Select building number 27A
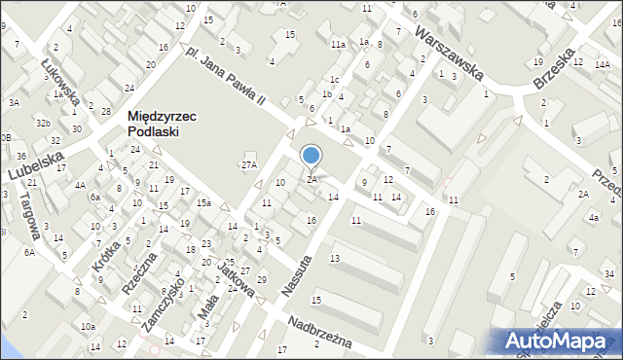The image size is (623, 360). pos(248,165)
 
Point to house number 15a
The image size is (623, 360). pos(202,202)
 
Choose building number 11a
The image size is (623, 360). pos(337,45)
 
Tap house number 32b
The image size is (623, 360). pos(43,124)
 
